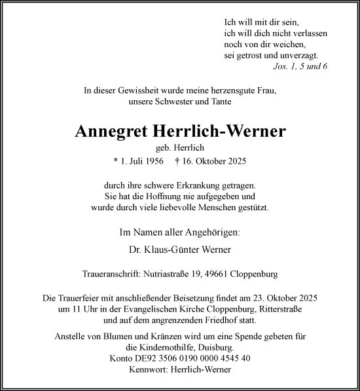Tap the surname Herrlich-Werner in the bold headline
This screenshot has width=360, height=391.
pyautogui.click(x=223, y=132)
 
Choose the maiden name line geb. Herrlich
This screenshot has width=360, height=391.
pyautogui.click(x=181, y=147)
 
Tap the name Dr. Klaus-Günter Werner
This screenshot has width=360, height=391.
pyautogui.click(x=180, y=250)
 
